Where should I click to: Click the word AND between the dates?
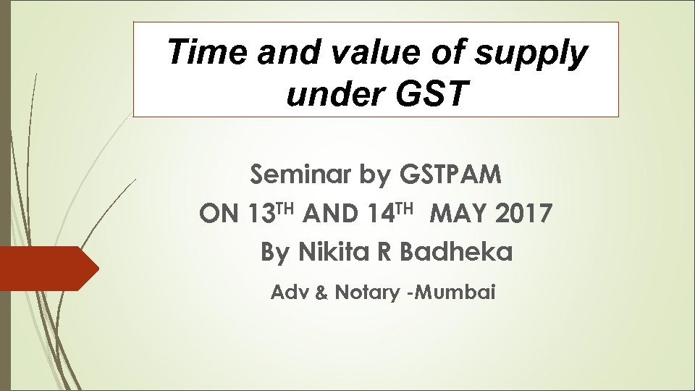point(331,214)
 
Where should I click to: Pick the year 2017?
point(526,214)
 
